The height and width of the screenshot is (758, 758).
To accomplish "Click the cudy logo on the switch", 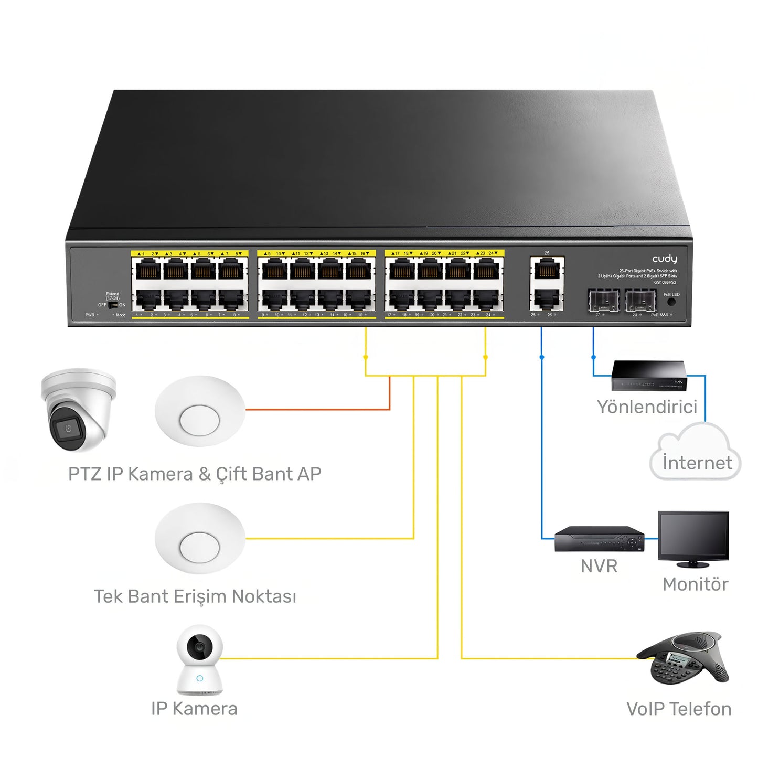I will [664, 259].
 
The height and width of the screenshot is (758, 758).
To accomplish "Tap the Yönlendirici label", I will [647, 407].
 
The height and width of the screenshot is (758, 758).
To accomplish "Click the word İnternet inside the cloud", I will [697, 463].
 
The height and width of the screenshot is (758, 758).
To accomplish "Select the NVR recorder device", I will [599, 539].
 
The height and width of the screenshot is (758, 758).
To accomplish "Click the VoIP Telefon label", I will [678, 709].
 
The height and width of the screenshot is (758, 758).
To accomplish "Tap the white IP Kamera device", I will [199, 659].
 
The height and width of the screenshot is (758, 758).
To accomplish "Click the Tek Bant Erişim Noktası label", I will [195, 596].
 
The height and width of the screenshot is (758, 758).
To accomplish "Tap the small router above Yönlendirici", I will [649, 376].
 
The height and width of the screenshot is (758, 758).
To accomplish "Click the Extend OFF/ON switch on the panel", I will [112, 305].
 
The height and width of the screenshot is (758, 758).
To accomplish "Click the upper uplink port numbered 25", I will [547, 271].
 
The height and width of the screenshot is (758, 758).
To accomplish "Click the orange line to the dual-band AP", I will [317, 409].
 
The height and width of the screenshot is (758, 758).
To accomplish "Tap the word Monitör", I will [695, 584].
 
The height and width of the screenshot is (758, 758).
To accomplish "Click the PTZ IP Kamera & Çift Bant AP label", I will [195, 474].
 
